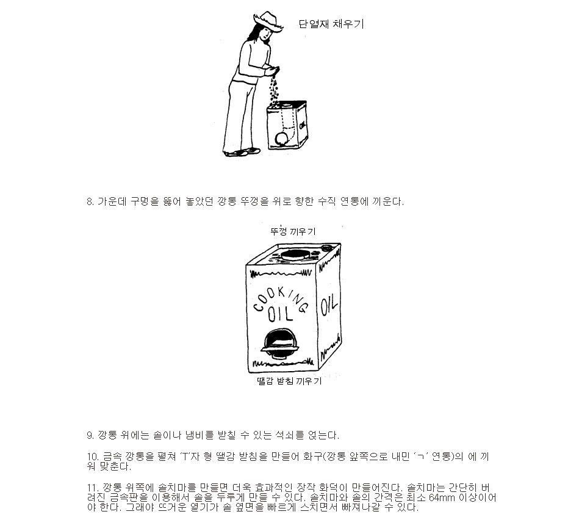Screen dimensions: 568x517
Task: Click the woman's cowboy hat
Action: point(268,21)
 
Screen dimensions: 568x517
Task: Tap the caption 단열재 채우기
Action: point(331,24)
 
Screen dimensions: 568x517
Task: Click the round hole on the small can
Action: point(281,139)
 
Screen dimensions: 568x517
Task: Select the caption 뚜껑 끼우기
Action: point(293,231)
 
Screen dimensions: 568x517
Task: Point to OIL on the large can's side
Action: point(329,305)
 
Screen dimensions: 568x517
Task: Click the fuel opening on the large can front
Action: point(281,341)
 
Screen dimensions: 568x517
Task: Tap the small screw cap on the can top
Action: point(327,248)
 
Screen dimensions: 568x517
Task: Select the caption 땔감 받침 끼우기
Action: point(289,381)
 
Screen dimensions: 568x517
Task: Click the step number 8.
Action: point(90,202)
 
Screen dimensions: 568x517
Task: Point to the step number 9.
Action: point(90,435)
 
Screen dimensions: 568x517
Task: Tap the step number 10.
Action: point(93,457)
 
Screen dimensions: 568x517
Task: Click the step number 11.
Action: point(92,488)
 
